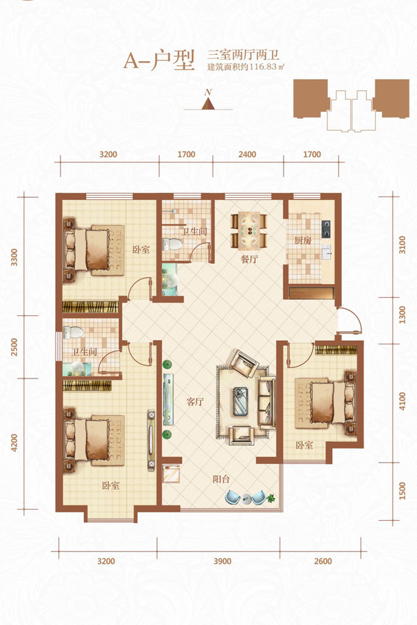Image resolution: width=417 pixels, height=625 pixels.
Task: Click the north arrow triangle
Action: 208,103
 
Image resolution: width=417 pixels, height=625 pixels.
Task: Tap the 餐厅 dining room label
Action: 250,259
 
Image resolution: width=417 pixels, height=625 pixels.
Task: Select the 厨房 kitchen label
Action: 303,240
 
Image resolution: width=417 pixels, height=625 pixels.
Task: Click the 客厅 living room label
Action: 195,401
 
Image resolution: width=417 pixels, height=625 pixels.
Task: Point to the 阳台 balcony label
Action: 221,478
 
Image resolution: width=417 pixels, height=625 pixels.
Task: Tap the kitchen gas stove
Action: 326,228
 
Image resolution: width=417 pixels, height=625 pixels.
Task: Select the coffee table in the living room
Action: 240,401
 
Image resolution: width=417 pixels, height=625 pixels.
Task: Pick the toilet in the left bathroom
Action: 74,333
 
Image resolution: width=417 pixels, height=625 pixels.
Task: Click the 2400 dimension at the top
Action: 247,154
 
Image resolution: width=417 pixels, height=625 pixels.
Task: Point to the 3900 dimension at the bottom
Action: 222,561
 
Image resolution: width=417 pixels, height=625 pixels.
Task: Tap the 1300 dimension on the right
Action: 402,315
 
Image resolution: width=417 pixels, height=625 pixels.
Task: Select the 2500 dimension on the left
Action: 15,347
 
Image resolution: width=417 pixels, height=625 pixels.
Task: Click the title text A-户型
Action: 159,60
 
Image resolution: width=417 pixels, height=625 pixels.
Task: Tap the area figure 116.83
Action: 263,67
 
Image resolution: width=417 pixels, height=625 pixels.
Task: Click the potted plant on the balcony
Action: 271,498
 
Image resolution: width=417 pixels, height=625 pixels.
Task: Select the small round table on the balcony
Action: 245,499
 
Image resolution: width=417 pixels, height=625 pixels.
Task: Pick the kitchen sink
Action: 327,252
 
